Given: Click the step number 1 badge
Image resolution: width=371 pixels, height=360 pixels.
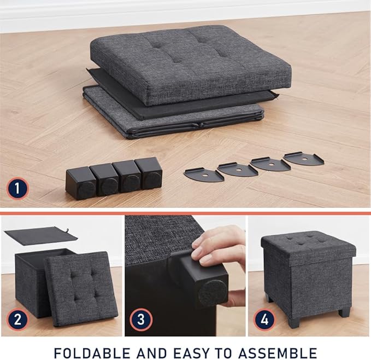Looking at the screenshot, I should coord(17,190).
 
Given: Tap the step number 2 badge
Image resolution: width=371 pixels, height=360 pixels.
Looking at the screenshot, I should coord(17,318).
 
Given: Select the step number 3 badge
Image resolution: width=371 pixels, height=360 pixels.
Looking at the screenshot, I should coord(141,318).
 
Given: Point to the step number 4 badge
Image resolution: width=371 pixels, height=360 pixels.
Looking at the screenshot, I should coord(264,318).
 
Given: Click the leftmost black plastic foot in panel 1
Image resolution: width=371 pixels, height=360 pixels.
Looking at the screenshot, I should coord(80,184).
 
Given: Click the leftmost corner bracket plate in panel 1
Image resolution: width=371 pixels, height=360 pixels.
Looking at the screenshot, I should coord(203,174).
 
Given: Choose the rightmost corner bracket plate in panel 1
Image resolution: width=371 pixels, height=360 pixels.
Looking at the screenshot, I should coord(303,159).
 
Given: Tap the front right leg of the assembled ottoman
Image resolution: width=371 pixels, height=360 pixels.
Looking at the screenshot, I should coord(344,312).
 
